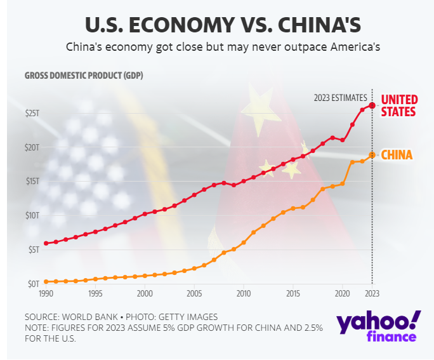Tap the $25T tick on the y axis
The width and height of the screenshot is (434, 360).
[x=32, y=113]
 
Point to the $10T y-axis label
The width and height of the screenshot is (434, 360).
[x=32, y=215]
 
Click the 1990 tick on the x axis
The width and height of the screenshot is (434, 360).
[x=46, y=294]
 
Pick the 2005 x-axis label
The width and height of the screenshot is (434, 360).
[x=194, y=294]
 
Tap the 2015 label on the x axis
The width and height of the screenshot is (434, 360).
[x=293, y=294]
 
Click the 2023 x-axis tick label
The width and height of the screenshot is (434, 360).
[x=372, y=294]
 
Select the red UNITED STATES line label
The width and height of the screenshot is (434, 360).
[x=398, y=105]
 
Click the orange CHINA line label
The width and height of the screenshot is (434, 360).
[x=397, y=155]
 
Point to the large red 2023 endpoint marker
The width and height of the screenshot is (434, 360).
[x=372, y=105]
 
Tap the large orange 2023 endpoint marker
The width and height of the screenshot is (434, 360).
[x=372, y=155]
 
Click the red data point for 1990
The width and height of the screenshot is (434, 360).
[x=46, y=243]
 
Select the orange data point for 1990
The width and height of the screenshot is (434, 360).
[x=46, y=281]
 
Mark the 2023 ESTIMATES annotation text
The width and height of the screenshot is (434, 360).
[x=340, y=98]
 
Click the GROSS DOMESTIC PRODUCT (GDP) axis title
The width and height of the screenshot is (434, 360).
[x=84, y=76]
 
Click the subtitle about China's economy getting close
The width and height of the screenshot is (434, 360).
[x=218, y=48]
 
